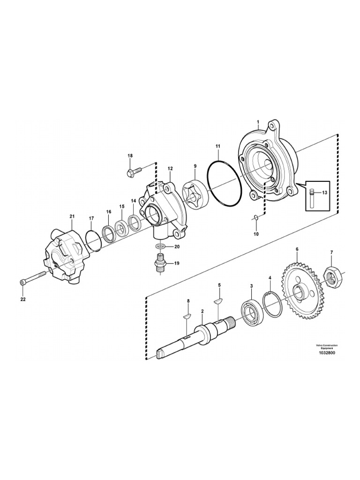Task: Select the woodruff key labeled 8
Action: [186, 316]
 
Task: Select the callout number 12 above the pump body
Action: [170, 168]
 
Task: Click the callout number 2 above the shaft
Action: [202, 311]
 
